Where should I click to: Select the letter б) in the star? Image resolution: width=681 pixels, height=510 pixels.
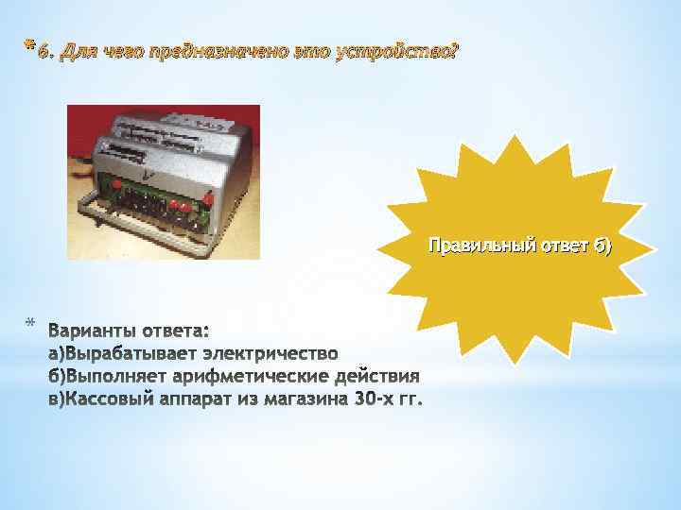(602, 246)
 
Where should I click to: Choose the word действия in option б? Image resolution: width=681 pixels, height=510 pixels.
(369, 376)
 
